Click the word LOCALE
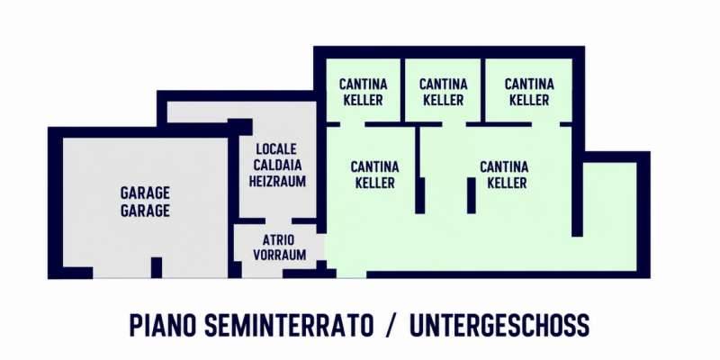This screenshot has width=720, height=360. [x=276, y=148]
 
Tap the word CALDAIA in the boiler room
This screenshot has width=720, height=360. [x=277, y=165]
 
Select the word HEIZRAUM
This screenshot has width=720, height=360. [x=277, y=181]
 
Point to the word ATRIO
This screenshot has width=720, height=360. [x=279, y=239]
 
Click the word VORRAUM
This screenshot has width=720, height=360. [x=279, y=255]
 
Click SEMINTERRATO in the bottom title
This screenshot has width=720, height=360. [x=289, y=325]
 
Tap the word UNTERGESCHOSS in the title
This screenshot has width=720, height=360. [x=499, y=325]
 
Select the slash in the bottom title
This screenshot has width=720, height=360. [x=391, y=325]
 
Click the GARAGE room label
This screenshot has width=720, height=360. [x=145, y=202]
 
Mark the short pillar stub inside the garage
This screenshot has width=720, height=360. [x=157, y=267]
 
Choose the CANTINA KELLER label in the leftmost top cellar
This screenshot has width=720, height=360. [x=364, y=92]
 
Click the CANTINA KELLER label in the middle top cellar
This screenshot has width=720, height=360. [x=443, y=92]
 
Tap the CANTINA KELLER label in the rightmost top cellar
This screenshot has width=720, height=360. [x=529, y=92]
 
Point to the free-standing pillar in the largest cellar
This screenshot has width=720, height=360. [x=471, y=195]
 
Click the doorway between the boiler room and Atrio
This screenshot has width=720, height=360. [x=278, y=220]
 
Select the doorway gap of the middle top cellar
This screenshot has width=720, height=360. [x=454, y=124]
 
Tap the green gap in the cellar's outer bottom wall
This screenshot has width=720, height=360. [x=351, y=274]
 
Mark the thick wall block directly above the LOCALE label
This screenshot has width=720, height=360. [x=239, y=127]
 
